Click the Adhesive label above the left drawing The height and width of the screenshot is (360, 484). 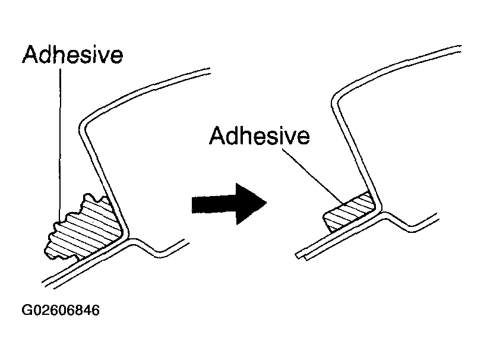coord(73,55)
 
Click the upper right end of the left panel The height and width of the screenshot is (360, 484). coord(208,70)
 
